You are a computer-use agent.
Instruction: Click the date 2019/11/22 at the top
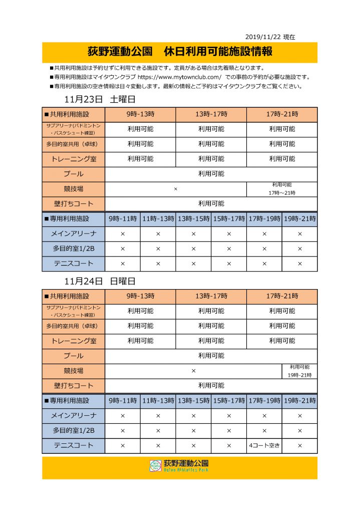[x=263, y=37]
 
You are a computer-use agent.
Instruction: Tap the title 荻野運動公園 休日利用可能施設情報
[x=180, y=52]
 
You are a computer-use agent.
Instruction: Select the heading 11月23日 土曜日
[x=100, y=99]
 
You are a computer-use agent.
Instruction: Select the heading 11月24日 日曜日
[x=100, y=281]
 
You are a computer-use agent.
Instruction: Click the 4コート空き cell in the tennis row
[x=264, y=445]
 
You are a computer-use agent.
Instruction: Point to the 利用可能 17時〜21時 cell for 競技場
[x=282, y=189]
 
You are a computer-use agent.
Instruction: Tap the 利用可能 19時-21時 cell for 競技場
[x=299, y=371]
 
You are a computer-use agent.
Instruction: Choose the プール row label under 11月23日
[x=74, y=174]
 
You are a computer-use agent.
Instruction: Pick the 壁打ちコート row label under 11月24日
[x=74, y=386]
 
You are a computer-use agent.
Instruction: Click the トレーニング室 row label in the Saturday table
[x=74, y=159]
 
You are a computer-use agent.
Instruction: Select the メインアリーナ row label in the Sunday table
[x=74, y=415]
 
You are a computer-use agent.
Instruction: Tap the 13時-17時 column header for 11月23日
[x=211, y=114]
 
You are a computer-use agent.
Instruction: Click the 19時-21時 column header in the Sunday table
[x=299, y=400]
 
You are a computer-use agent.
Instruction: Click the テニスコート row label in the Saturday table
[x=74, y=264]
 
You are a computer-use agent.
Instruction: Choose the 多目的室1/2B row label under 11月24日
[x=74, y=430]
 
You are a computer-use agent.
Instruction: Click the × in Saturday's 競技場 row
[x=176, y=189]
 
